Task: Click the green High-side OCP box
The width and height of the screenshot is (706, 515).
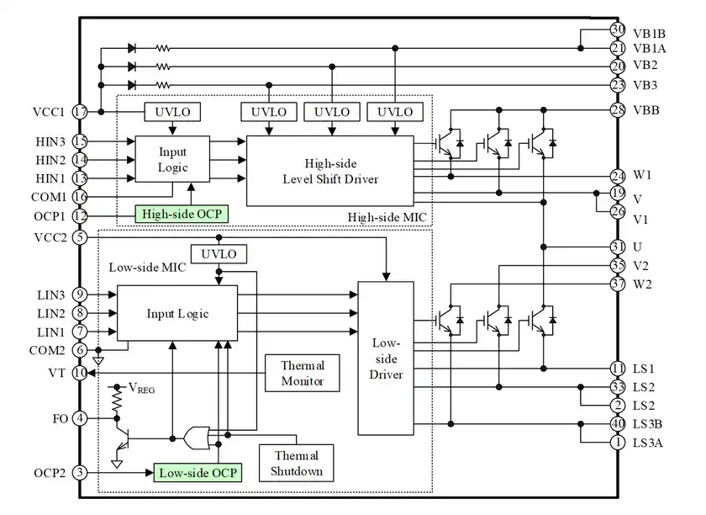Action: (182, 215)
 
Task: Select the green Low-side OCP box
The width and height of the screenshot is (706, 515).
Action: (198, 472)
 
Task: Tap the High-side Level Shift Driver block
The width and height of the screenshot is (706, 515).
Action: (329, 170)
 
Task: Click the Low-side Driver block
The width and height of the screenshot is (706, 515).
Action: (386, 358)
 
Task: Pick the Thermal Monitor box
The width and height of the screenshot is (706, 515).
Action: (302, 373)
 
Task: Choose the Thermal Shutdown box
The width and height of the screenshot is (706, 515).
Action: (296, 462)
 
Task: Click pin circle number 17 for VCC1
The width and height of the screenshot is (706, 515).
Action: (81, 111)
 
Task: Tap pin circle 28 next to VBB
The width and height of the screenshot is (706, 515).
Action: (618, 110)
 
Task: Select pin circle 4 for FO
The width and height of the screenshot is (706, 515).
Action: (81, 417)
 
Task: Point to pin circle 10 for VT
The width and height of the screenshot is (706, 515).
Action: (81, 372)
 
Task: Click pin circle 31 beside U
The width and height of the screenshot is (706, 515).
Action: (618, 247)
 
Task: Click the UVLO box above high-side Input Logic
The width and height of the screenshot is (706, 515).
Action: (172, 111)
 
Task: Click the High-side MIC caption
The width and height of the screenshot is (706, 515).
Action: (387, 218)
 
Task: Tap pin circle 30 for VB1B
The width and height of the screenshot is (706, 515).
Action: (618, 30)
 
